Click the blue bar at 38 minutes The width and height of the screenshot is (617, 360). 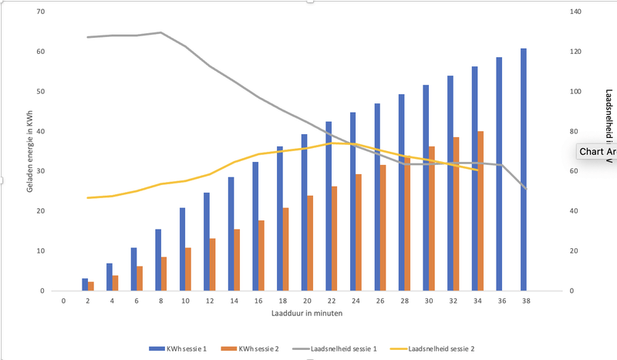click(x=524, y=170)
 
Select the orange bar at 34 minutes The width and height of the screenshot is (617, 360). click(x=481, y=211)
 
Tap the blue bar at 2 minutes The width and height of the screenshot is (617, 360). click(x=85, y=284)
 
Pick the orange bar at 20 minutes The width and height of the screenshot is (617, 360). click(x=310, y=243)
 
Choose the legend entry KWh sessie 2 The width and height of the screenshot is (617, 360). click(x=255, y=348)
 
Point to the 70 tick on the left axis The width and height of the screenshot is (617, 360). click(x=40, y=12)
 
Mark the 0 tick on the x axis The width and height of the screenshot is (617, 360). click(x=64, y=301)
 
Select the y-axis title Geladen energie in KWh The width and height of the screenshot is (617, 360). click(x=29, y=151)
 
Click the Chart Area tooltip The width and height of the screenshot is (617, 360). click(x=597, y=152)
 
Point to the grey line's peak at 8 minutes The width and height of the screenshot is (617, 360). click(x=160, y=32)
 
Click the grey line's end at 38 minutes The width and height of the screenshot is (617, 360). click(x=526, y=188)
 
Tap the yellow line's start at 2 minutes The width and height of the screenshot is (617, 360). click(x=88, y=198)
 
